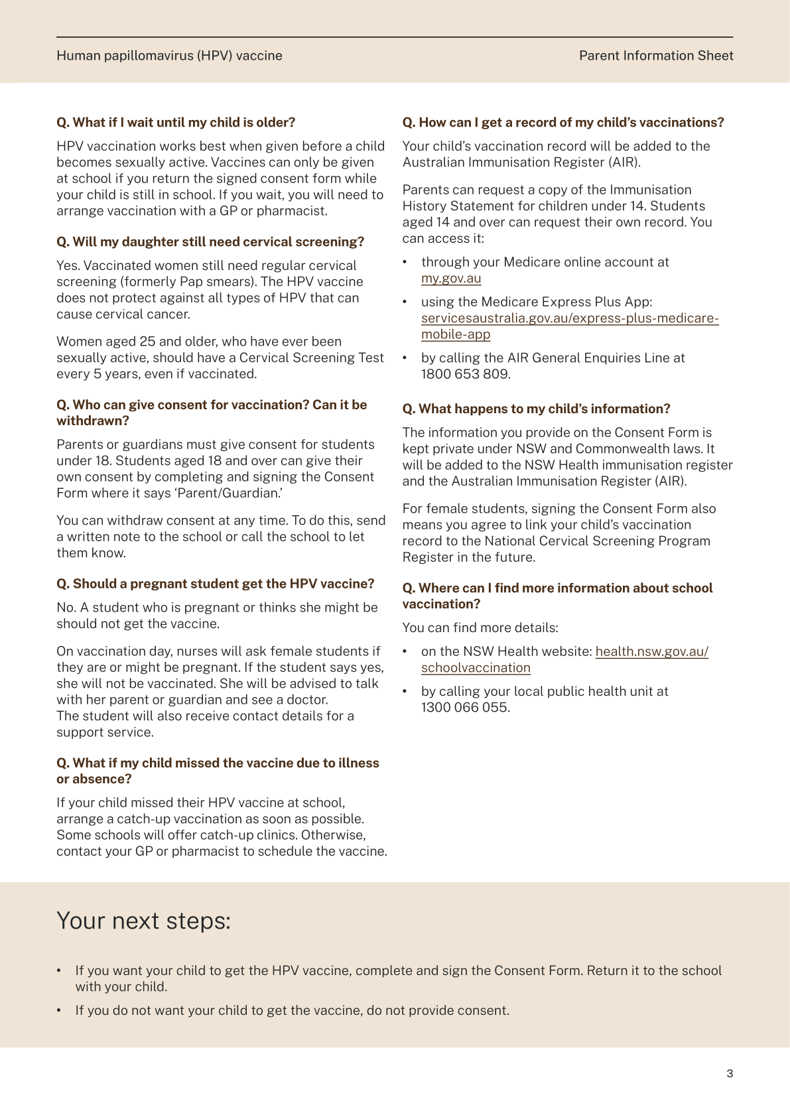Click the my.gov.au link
click(451, 279)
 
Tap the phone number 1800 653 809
click(464, 374)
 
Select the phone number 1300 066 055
click(464, 708)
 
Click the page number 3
click(730, 1074)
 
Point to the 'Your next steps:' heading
click(143, 921)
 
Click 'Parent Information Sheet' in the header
click(656, 56)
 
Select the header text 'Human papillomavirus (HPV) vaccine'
click(169, 56)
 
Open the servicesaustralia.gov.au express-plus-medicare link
click(569, 318)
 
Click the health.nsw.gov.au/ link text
click(651, 651)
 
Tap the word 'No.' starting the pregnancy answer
click(66, 608)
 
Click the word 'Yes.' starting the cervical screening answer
click(68, 266)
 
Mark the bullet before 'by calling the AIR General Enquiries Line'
click(405, 358)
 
